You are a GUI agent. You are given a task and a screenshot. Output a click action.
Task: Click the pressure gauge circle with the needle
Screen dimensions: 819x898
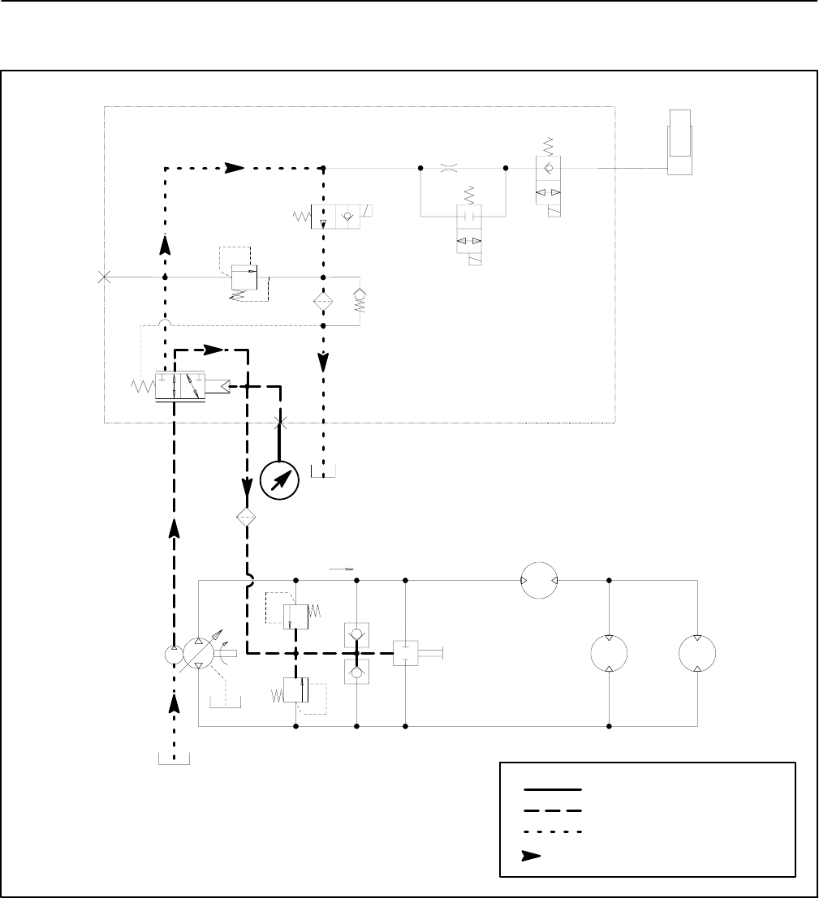[279, 478]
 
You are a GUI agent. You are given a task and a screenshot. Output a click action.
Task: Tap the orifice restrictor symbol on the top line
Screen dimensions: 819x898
[449, 168]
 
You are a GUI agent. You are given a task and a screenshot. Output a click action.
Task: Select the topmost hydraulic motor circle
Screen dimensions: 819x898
[539, 580]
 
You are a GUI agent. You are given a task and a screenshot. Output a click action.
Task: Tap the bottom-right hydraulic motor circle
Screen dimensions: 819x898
[699, 654]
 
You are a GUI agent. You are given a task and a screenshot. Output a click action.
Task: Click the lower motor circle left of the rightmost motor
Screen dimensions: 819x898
[610, 654]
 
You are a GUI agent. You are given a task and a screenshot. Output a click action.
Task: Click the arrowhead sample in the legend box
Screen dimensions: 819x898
[533, 855]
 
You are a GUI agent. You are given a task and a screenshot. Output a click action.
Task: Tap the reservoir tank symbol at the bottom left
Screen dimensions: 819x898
[173, 758]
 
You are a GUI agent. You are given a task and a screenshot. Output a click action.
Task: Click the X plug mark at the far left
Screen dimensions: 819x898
[104, 277]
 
